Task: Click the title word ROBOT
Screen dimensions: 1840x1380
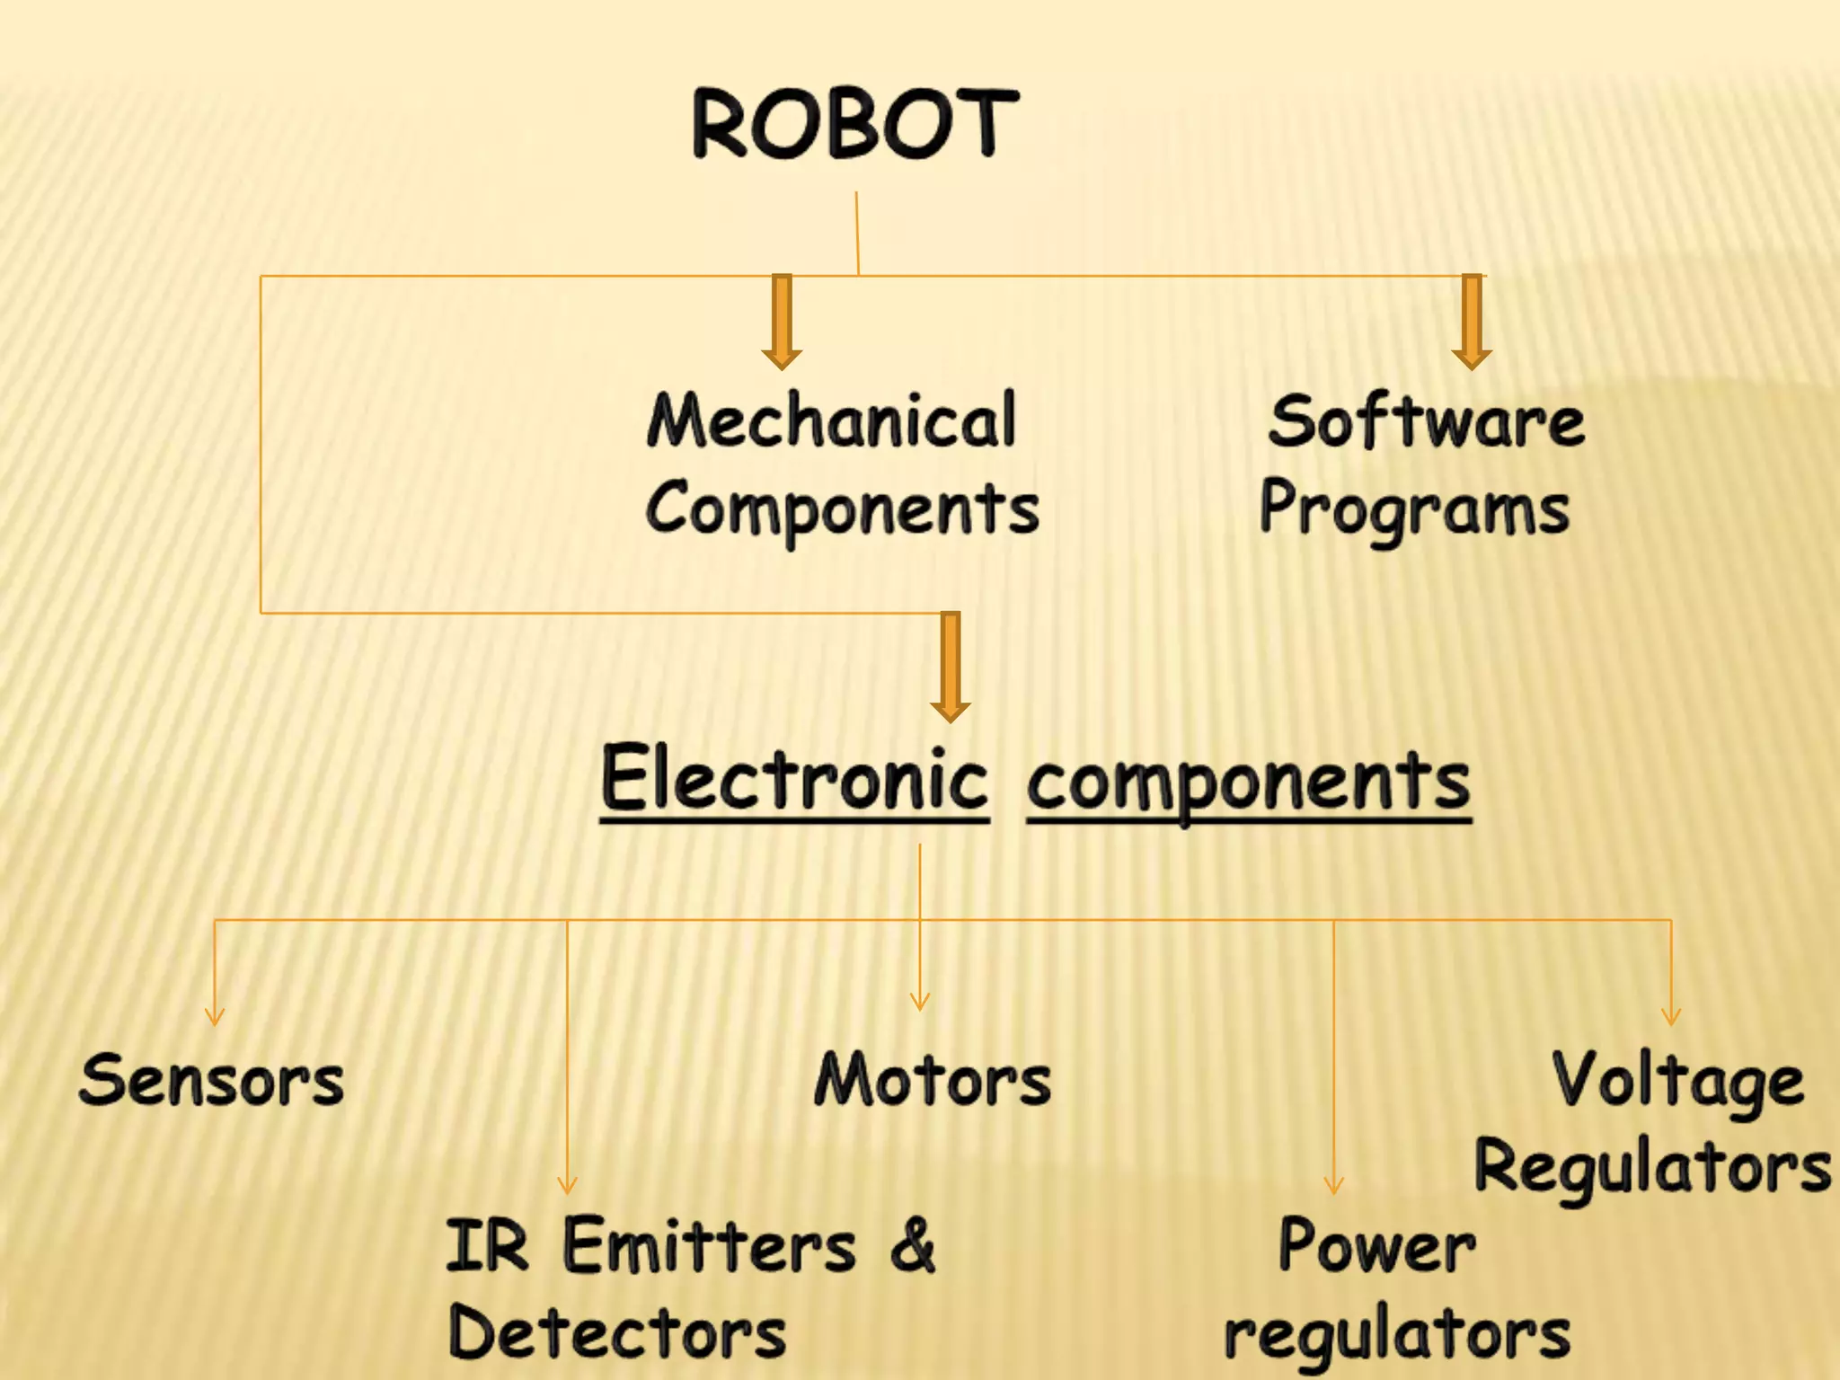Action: click(854, 124)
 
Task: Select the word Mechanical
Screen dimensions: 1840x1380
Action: click(832, 420)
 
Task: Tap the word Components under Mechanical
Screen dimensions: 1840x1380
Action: click(842, 509)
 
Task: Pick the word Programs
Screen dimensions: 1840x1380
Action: click(1414, 509)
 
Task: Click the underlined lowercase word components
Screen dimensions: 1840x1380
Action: click(1249, 782)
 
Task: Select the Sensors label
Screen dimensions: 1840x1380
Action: click(212, 1080)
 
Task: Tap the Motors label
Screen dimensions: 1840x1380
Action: click(933, 1080)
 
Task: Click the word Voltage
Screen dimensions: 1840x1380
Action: click(1678, 1082)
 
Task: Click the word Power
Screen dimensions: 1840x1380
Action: click(1376, 1247)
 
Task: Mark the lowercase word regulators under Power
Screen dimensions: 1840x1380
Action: click(1398, 1335)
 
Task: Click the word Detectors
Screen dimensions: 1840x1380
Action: click(618, 1333)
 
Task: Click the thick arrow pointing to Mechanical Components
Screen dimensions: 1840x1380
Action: click(782, 322)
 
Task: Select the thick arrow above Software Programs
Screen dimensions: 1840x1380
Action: click(1472, 322)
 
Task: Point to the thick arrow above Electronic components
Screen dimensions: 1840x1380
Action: click(951, 667)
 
